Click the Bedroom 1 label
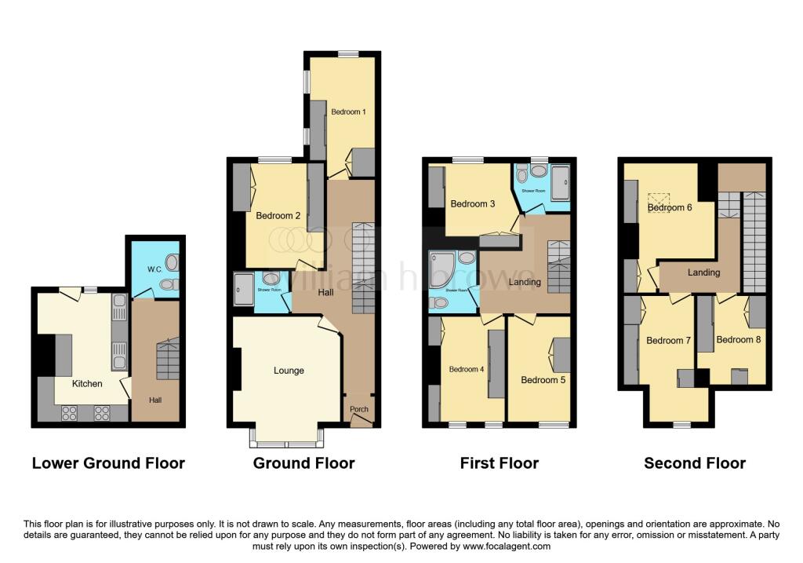[x=348, y=112]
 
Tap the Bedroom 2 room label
[x=278, y=215]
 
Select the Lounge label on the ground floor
[x=288, y=371]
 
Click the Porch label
[x=358, y=409]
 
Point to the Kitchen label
[x=87, y=384]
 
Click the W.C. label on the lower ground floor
[x=154, y=269]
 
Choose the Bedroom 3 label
[x=472, y=204]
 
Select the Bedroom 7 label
[x=668, y=341]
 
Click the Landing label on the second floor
[x=703, y=272]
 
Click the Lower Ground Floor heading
[x=108, y=463]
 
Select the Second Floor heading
[x=695, y=463]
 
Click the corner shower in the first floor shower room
[x=441, y=266]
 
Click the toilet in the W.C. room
[x=166, y=284]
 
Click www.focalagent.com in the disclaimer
[x=506, y=546]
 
